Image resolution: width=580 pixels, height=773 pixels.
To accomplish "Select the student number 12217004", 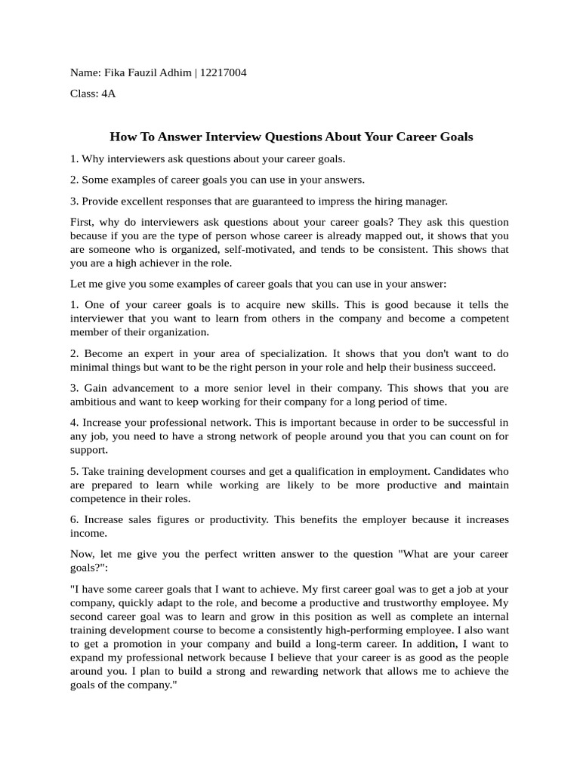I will [223, 73].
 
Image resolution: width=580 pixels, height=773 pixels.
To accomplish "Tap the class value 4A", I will [108, 94].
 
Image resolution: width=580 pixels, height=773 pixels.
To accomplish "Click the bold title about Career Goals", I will [291, 137].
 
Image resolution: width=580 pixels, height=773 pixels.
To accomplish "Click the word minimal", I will [89, 367].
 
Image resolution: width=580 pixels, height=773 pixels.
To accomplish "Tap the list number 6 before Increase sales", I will [73, 519].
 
